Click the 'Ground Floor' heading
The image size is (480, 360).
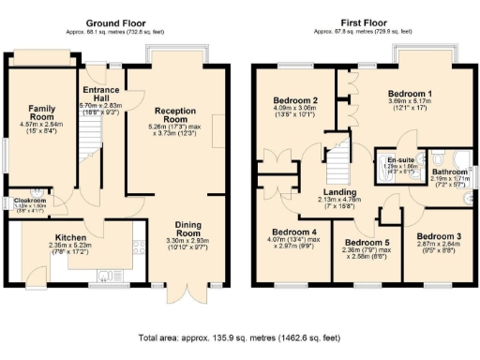[x=115, y=22]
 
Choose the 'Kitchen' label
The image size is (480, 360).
[x=70, y=238]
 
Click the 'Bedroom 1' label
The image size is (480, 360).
[x=410, y=94]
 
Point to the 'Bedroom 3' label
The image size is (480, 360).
[x=436, y=235]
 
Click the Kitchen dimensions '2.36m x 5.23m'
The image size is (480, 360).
[x=70, y=247]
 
